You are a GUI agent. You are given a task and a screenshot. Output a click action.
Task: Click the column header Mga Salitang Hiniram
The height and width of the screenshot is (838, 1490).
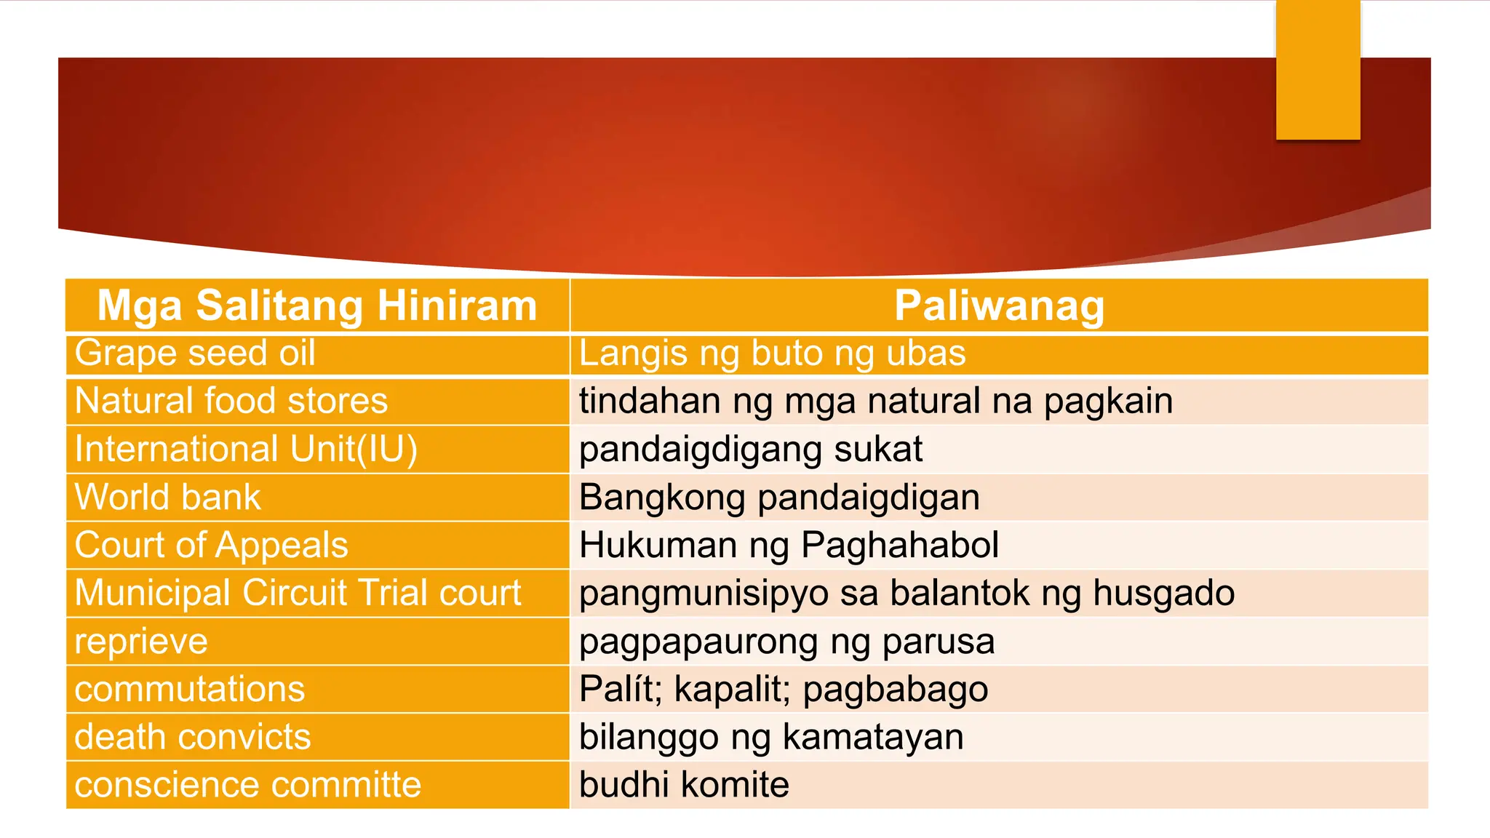(317, 306)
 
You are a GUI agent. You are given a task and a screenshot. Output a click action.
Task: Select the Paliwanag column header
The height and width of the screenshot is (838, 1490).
(999, 306)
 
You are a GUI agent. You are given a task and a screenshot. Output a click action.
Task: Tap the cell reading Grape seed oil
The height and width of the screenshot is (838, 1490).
(195, 354)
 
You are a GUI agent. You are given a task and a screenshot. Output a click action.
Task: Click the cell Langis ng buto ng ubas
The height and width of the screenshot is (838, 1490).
(772, 354)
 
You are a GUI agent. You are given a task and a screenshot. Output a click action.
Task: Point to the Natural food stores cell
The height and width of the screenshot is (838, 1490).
(231, 402)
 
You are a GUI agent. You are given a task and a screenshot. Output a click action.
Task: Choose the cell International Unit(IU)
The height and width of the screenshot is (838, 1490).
(246, 450)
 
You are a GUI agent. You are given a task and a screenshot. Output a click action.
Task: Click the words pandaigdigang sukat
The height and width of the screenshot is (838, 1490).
(750, 450)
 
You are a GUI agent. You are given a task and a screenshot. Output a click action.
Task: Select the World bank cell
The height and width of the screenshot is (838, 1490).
(167, 498)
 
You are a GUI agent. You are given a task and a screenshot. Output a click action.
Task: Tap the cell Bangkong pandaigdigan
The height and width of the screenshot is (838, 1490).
(779, 498)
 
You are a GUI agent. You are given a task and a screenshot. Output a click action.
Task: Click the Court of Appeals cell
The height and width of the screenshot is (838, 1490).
(211, 546)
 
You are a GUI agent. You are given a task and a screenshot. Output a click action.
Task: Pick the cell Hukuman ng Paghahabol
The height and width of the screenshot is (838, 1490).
(789, 546)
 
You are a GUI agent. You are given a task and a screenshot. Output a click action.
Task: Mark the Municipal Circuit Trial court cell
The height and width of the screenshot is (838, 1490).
(298, 594)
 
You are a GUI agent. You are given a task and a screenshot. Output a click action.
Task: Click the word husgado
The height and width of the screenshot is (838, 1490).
(1163, 594)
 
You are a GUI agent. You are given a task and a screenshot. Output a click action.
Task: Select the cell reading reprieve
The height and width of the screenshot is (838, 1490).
(141, 642)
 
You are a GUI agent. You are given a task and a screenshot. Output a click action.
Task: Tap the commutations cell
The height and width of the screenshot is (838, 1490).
(189, 690)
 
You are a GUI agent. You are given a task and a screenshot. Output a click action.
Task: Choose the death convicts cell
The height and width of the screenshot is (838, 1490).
(193, 738)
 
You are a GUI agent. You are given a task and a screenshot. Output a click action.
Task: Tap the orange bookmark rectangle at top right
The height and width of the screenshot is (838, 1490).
(1318, 69)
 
